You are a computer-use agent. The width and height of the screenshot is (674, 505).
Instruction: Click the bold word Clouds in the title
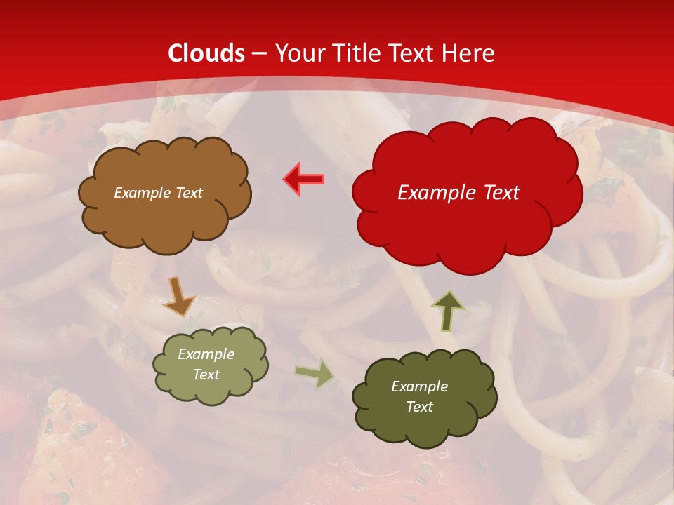(206, 53)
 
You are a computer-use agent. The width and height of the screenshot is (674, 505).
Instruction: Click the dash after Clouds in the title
(259, 54)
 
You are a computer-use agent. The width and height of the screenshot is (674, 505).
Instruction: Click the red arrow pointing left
(304, 179)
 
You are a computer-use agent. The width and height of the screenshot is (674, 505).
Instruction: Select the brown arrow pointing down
(178, 295)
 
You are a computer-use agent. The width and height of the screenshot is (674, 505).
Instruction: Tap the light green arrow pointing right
(314, 375)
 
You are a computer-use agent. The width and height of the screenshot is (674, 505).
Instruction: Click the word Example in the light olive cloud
(206, 354)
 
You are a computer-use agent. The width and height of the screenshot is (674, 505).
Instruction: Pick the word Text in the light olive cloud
(206, 375)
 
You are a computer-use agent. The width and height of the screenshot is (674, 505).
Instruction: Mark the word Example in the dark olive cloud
(419, 386)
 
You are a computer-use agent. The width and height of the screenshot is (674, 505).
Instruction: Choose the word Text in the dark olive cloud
(419, 407)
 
